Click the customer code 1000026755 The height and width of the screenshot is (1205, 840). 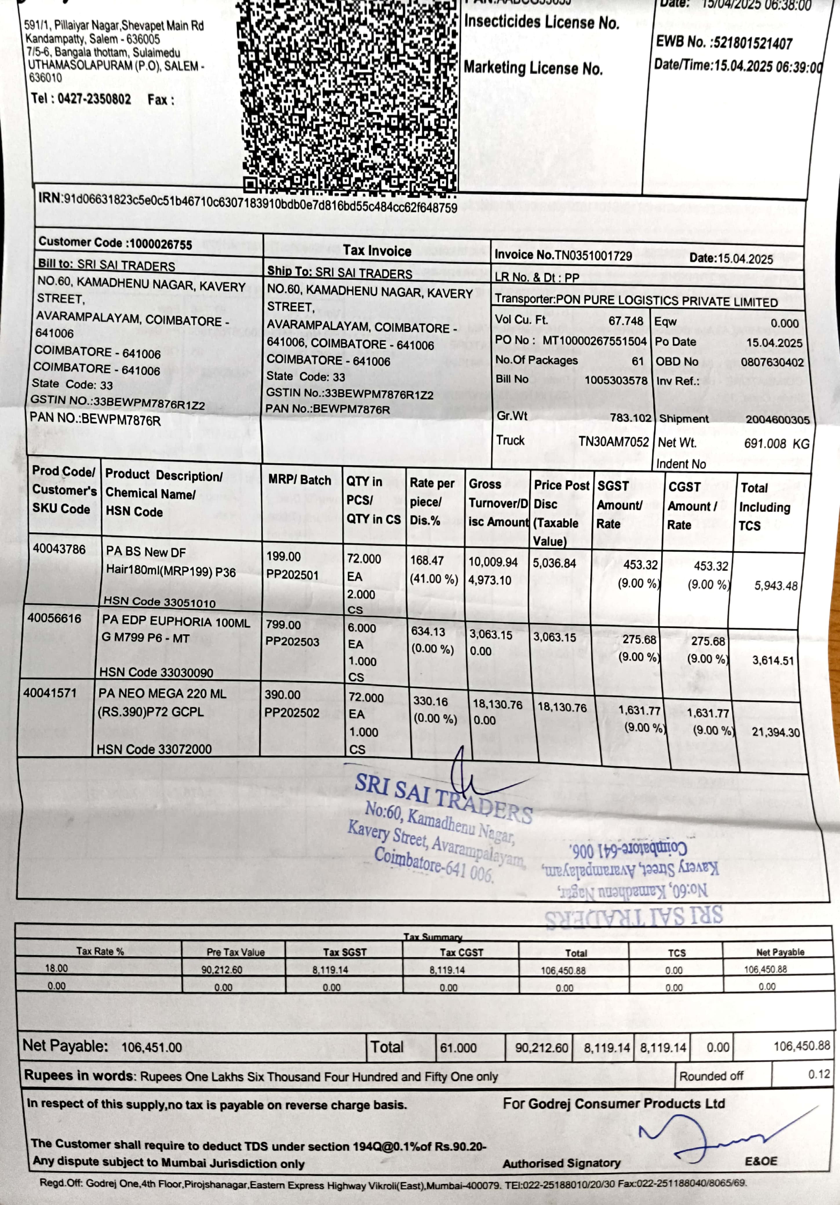[x=161, y=244]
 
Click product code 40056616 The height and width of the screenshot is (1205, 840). [x=54, y=618]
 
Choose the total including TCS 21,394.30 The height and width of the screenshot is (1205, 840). [x=775, y=732]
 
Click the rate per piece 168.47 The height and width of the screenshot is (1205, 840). [x=427, y=560]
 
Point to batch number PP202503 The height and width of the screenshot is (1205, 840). [x=292, y=642]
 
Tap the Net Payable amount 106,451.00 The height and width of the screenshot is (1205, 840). [x=152, y=1047]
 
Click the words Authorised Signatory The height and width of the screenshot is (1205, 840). [x=561, y=1163]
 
